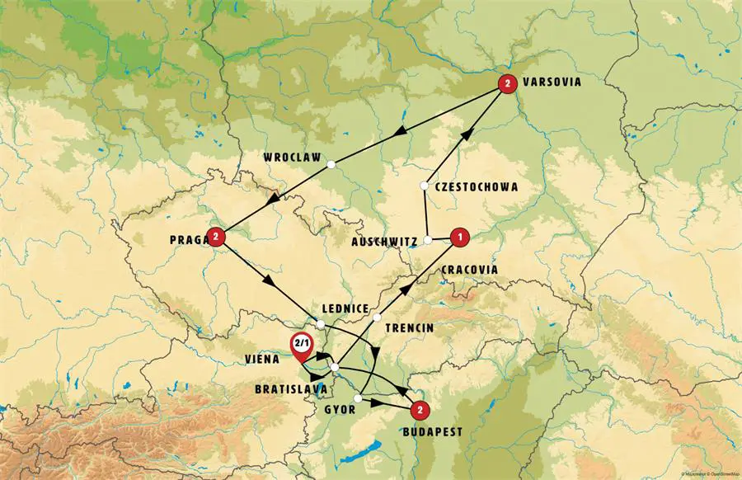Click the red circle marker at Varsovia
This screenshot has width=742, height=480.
point(509,82)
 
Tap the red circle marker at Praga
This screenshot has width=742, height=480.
point(216,238)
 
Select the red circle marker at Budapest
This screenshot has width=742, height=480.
point(420,408)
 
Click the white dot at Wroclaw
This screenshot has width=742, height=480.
point(331,165)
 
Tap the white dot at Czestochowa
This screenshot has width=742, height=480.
point(424,186)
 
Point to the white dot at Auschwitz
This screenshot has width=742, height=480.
point(428,241)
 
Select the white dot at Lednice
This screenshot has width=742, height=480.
point(320,322)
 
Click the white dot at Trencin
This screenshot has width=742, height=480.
point(377,318)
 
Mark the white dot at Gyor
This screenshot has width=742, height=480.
point(357,399)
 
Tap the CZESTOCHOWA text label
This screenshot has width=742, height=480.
point(477,187)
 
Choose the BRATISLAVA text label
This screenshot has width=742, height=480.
point(288,388)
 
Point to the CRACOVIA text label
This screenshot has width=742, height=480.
point(470,270)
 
